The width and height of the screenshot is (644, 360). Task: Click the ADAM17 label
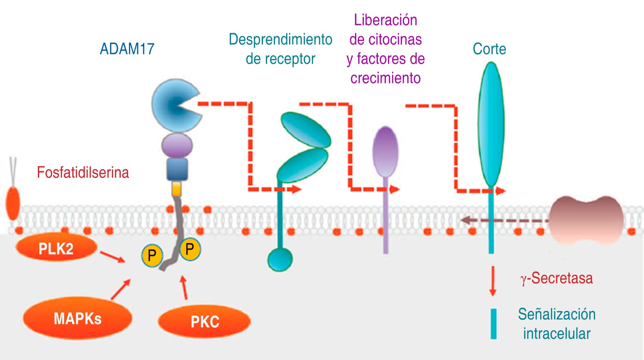tap(127, 49)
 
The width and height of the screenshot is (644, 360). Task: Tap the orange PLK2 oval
tap(56, 248)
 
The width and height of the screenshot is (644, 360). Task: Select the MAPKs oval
tap(77, 318)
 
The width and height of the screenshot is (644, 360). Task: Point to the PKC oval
tap(204, 321)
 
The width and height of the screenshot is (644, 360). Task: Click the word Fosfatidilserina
tap(83, 172)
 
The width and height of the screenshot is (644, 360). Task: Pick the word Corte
tap(489, 49)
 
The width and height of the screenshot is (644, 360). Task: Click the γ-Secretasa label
tap(556, 278)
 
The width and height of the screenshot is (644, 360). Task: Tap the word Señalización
tap(557, 314)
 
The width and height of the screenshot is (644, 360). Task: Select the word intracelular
tap(557, 334)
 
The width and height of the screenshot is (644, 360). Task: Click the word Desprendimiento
tap(280, 39)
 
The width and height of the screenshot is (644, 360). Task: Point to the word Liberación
tap(385, 20)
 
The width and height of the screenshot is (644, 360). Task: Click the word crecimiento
tap(385, 78)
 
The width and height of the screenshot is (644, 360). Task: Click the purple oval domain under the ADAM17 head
tap(177, 145)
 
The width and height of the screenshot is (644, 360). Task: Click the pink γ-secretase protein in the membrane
tap(586, 220)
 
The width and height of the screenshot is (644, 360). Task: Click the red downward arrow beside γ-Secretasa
tap(493, 281)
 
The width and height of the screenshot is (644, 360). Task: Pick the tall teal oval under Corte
tap(491, 123)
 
